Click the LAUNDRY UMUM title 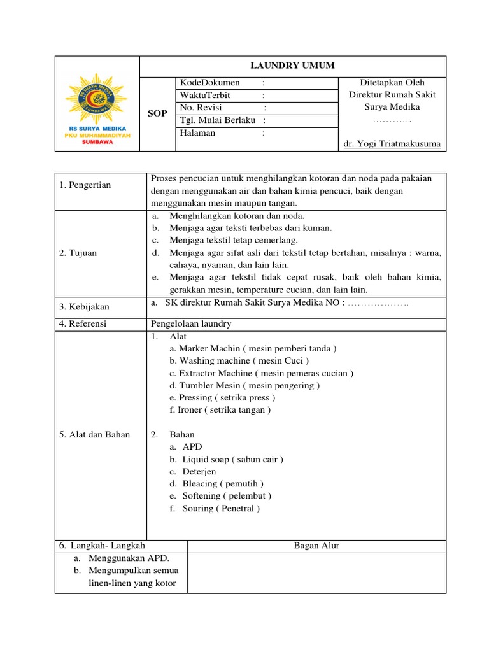[x=292, y=66]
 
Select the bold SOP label [x=157, y=113]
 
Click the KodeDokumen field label [x=210, y=83]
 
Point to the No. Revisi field [x=201, y=108]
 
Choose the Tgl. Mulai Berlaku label [x=218, y=120]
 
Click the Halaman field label [x=197, y=133]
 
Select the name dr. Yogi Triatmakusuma [x=392, y=144]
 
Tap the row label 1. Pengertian [x=85, y=185]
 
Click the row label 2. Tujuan [x=78, y=253]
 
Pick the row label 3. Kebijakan [x=84, y=307]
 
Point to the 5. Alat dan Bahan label [x=94, y=435]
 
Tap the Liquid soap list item [x=232, y=459]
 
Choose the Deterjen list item [x=199, y=472]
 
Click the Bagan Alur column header [x=316, y=546]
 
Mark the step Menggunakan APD [x=129, y=558]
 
